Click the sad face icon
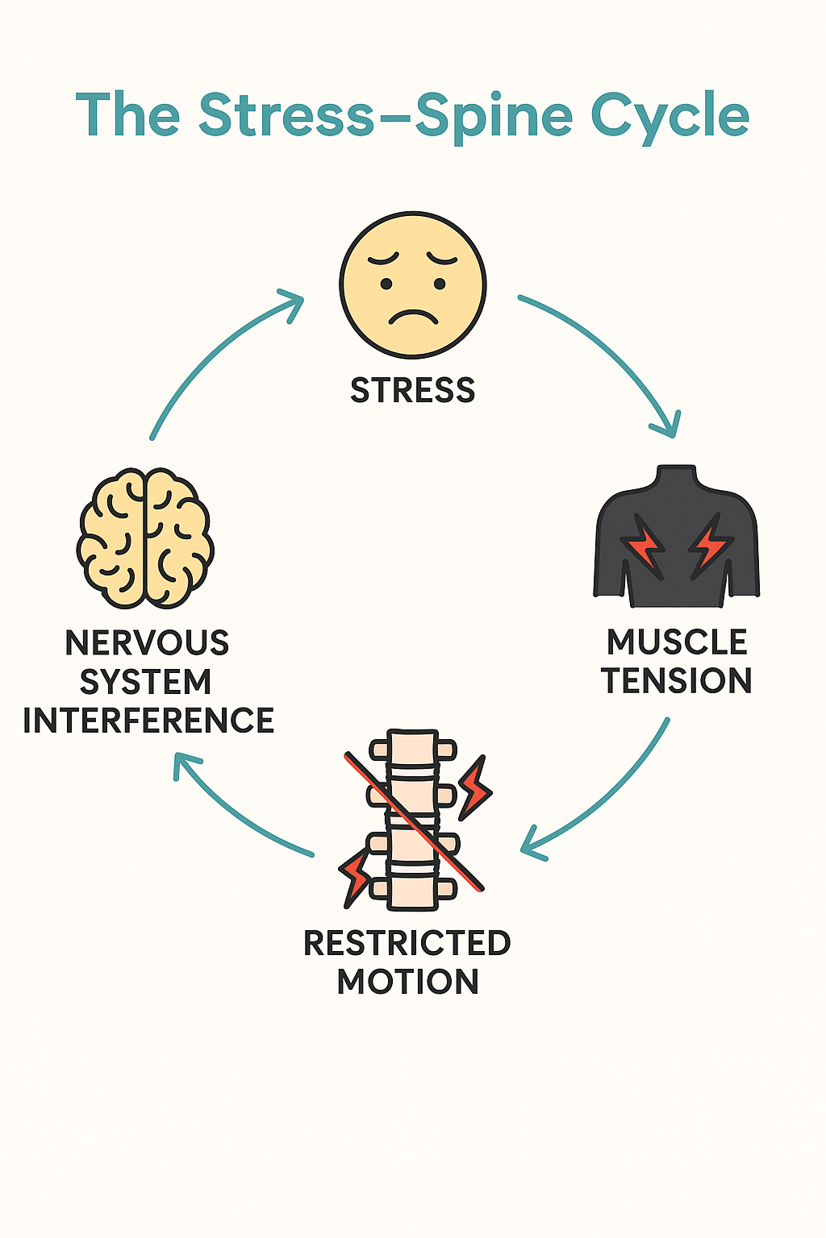tap(412, 285)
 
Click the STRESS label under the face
tap(412, 391)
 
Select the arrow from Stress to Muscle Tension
tap(613, 355)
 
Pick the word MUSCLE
tap(677, 642)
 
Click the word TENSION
tap(677, 681)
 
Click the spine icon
tap(413, 818)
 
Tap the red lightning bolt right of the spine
tap(474, 786)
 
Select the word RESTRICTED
tap(407, 943)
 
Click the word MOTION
tap(407, 982)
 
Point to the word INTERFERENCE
tap(148, 721)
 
